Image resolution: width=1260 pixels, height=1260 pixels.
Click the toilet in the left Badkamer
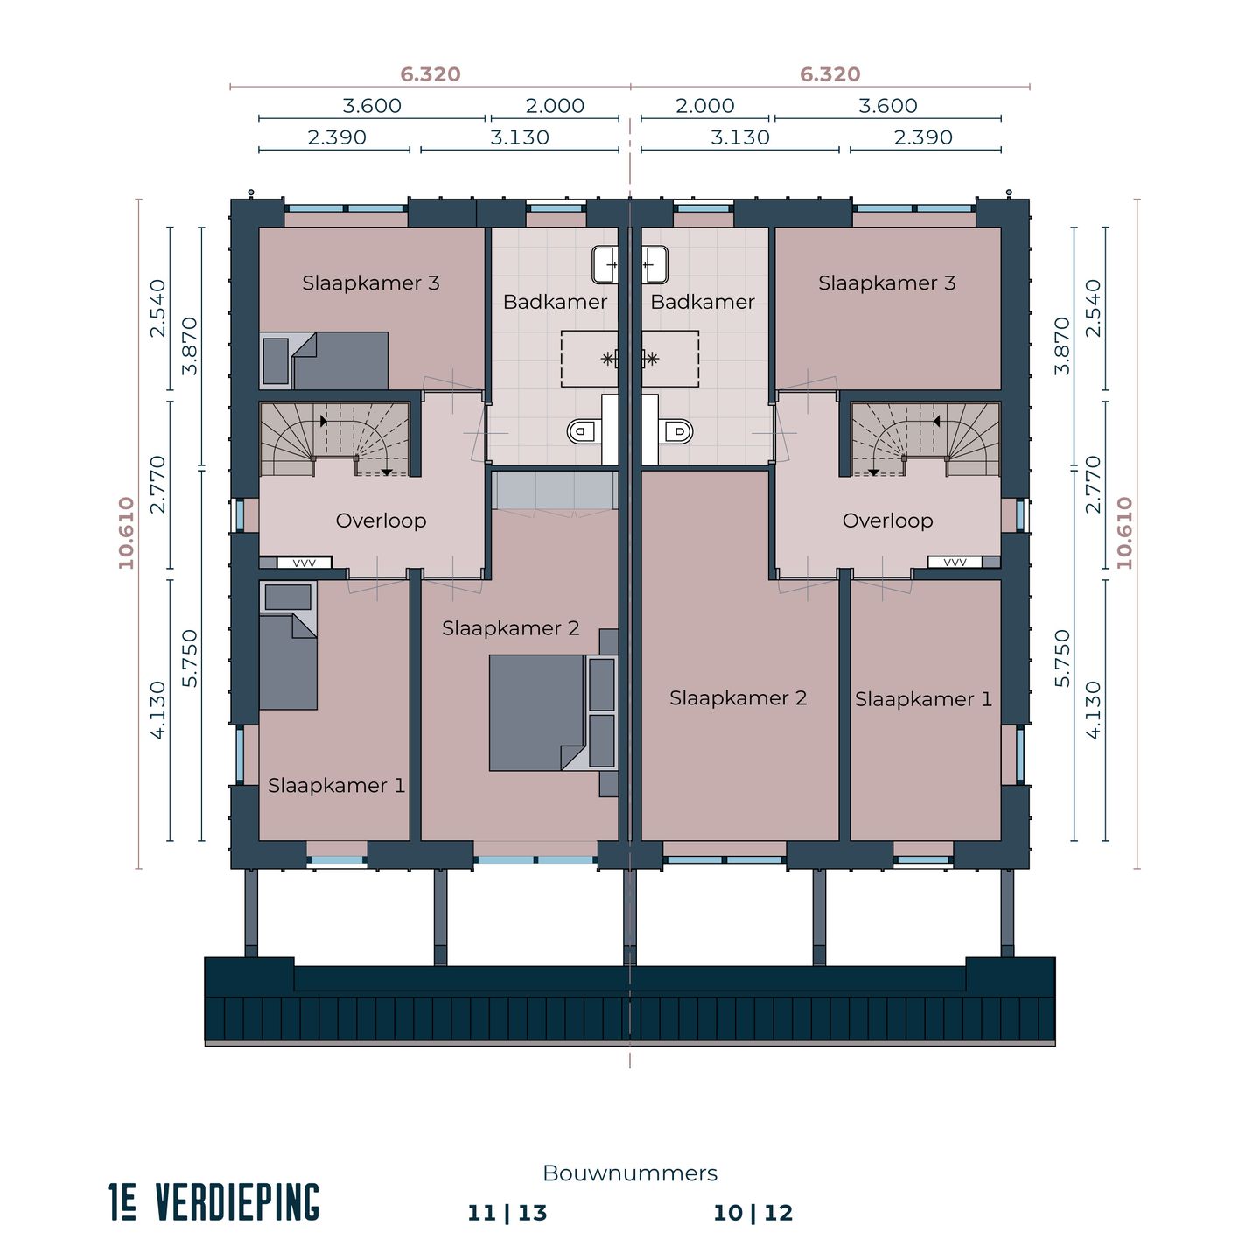tap(583, 430)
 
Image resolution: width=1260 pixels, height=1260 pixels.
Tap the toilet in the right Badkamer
tap(677, 430)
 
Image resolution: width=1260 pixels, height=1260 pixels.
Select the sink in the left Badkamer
tap(605, 264)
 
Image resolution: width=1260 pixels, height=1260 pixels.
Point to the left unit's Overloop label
tap(381, 521)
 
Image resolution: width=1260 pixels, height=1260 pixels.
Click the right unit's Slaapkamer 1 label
tap(923, 699)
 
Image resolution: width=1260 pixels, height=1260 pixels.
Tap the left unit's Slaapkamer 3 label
tap(371, 283)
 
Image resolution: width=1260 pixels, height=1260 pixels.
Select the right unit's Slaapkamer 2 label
tap(738, 698)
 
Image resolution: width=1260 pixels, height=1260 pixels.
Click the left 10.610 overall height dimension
tap(127, 533)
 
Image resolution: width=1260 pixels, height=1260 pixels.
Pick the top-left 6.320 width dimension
tap(430, 74)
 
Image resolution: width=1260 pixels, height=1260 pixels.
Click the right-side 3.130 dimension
tap(740, 137)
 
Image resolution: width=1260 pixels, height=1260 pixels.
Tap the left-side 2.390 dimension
tap(337, 137)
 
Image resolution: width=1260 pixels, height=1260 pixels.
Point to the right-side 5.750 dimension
tap(1062, 658)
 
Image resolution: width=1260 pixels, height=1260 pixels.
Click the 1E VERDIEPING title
tap(214, 1202)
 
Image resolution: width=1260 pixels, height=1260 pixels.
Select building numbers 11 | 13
tap(507, 1213)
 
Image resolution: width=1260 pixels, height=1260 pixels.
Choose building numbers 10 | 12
tap(752, 1213)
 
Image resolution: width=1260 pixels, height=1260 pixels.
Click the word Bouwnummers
tap(630, 1173)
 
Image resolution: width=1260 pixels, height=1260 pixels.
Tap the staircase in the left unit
tap(335, 439)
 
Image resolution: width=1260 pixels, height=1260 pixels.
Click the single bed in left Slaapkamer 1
tap(288, 661)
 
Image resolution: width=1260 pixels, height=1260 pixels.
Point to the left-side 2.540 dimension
tap(157, 308)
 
